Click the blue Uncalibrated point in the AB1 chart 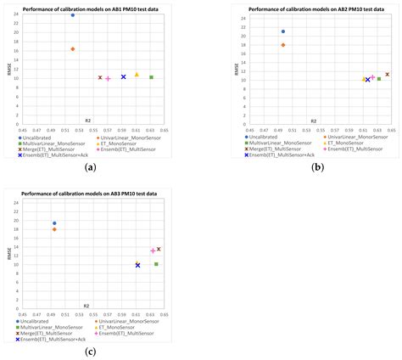coord(73,15)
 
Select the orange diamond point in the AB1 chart coord(73,49)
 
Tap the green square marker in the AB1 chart coord(151,77)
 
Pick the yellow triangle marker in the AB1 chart coord(137,75)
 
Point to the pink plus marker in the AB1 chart coord(108,78)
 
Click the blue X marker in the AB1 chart coord(123,77)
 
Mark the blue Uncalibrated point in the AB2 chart coord(283,31)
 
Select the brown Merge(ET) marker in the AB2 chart coord(388,75)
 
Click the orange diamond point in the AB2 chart coord(283,45)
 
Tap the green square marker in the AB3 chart coord(157,264)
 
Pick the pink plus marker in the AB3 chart coord(153,250)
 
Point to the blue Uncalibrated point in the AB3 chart coord(54,223)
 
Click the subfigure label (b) coord(319,168)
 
